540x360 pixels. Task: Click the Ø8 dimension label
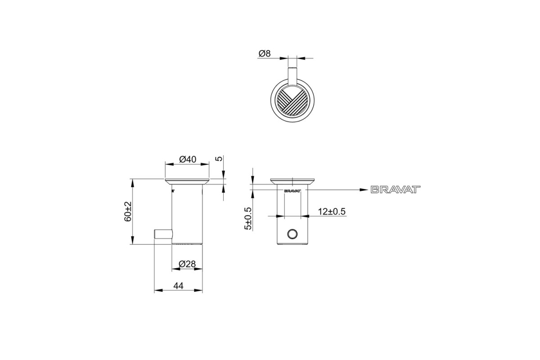[x=265, y=53]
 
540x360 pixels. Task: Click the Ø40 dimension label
[x=188, y=159]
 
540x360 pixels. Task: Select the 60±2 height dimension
[x=128, y=211]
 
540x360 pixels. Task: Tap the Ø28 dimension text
[x=187, y=264]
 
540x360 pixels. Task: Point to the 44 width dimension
[x=178, y=286]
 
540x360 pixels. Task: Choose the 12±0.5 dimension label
[x=332, y=211]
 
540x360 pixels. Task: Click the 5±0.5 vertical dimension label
[x=248, y=218]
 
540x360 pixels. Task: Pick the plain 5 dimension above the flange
[x=220, y=158]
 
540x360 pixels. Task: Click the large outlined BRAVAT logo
[x=396, y=189]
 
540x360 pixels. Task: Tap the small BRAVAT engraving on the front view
[x=292, y=191]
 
